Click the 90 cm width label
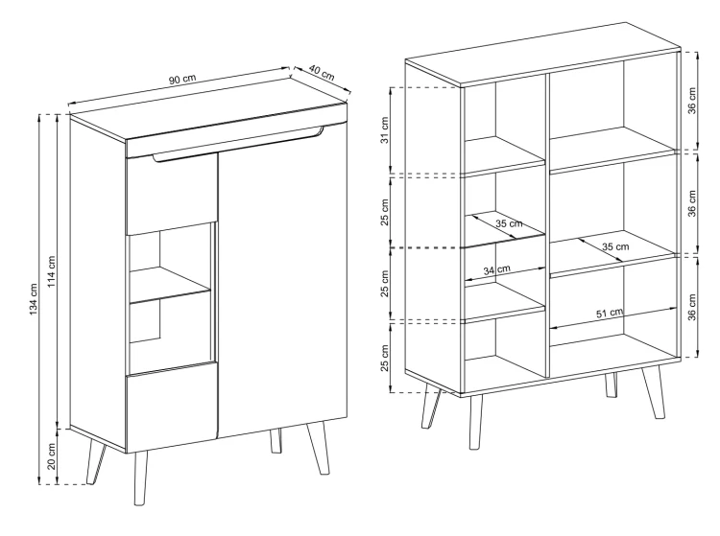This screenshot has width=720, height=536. click(x=182, y=79)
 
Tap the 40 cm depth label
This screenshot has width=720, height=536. click(x=322, y=73)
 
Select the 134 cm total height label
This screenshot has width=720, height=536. click(x=33, y=299)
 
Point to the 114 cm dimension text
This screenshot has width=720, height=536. click(x=52, y=271)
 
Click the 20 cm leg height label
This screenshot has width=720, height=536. click(x=52, y=456)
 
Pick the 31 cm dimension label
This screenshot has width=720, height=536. click(x=384, y=130)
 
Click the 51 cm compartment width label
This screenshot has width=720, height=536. click(x=610, y=314)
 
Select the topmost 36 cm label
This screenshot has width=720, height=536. click(x=692, y=101)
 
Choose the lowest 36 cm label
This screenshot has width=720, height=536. click(x=692, y=307)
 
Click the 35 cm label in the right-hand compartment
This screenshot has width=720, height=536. click(x=615, y=246)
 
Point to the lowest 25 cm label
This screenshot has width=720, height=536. click(x=384, y=358)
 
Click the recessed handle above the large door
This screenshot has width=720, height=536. click(x=238, y=145)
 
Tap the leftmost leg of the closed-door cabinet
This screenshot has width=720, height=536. click(x=96, y=461)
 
